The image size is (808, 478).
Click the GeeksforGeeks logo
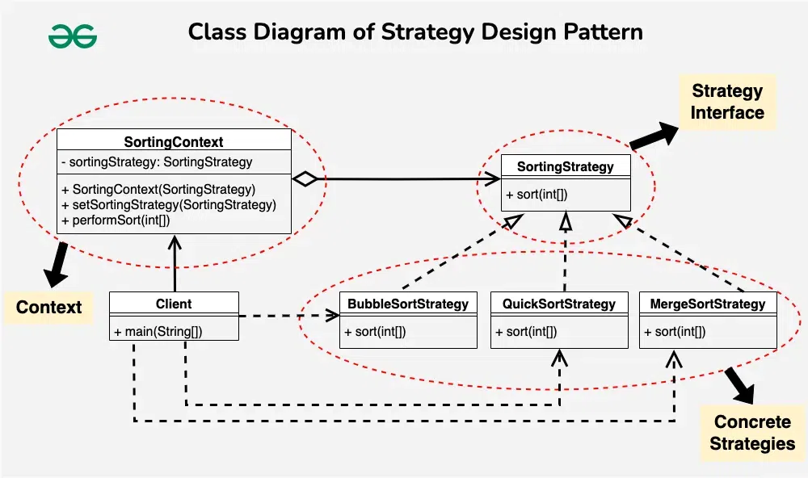point(73,36)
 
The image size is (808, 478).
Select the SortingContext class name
point(174,142)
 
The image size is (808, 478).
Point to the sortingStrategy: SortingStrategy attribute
point(157,161)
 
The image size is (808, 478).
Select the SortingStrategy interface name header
point(564,167)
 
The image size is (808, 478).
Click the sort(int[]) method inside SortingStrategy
point(537,195)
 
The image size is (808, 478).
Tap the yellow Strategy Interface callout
point(727,102)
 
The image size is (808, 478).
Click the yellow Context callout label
point(49,307)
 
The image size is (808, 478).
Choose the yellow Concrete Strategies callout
point(753,433)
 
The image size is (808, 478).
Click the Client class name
point(174,304)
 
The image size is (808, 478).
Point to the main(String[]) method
point(153,332)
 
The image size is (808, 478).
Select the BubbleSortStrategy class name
point(408,304)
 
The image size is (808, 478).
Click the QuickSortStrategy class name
point(559,304)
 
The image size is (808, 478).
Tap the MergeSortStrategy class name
point(707,304)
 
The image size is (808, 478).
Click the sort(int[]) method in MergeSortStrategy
point(675,332)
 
